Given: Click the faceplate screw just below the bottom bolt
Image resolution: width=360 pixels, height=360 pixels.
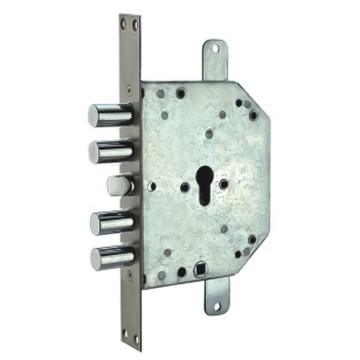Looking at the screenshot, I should [129, 279].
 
